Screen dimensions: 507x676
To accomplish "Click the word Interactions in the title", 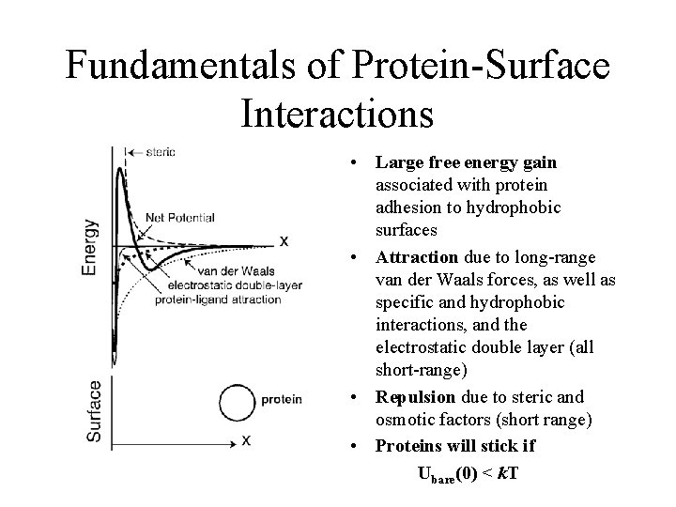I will pos(337,112).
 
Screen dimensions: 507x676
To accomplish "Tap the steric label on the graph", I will pos(160,151).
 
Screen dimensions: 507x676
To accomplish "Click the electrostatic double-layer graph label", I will pos(223,285).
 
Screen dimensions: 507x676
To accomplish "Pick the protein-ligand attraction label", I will pos(221,300).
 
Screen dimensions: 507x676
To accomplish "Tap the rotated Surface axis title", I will pos(94,410).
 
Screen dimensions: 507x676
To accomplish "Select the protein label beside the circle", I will pos(282,400).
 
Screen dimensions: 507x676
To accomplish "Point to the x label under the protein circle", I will pos(245,438).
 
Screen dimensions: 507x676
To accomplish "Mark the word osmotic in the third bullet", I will pos(402,419).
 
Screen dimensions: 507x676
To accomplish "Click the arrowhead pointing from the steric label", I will pos(130,151).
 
